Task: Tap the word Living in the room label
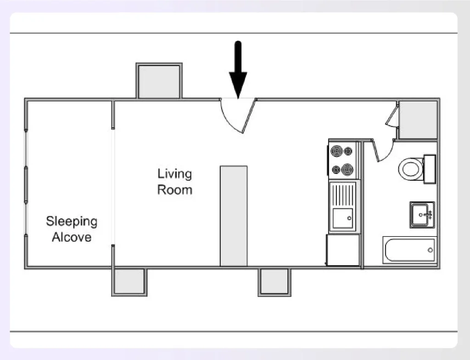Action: [174, 174]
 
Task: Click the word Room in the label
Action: [174, 190]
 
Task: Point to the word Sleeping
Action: [72, 222]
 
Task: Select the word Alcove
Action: [72, 238]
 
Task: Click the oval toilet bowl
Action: [411, 169]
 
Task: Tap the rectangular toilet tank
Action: [430, 169]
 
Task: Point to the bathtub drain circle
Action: [430, 250]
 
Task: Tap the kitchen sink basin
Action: [343, 218]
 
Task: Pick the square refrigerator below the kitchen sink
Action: [343, 250]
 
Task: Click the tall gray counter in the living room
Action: [234, 216]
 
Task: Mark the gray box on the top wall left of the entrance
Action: [159, 81]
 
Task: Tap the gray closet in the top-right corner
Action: [418, 120]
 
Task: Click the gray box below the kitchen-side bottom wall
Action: [274, 281]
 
